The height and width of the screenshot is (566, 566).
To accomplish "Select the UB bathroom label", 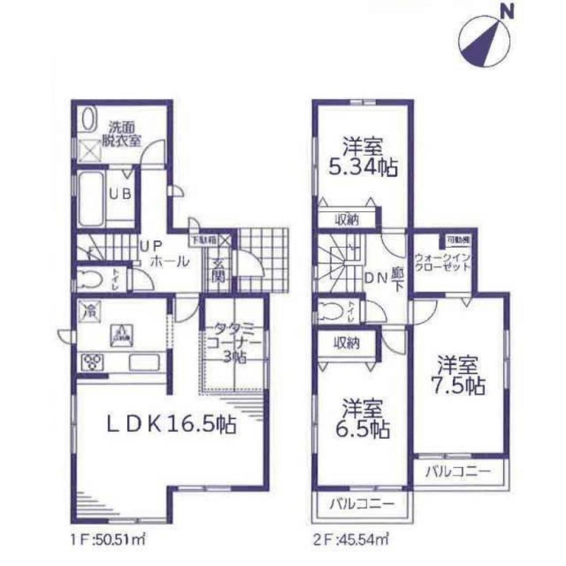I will click(x=121, y=194).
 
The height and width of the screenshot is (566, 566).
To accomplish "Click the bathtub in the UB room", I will click(x=91, y=199).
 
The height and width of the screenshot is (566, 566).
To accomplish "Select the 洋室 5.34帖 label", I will click(x=362, y=158).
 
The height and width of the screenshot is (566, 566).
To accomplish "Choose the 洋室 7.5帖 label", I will click(x=459, y=376).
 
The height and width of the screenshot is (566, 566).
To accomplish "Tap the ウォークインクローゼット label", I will click(x=442, y=261).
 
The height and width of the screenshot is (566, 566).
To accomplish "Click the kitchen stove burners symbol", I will click(x=91, y=361).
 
